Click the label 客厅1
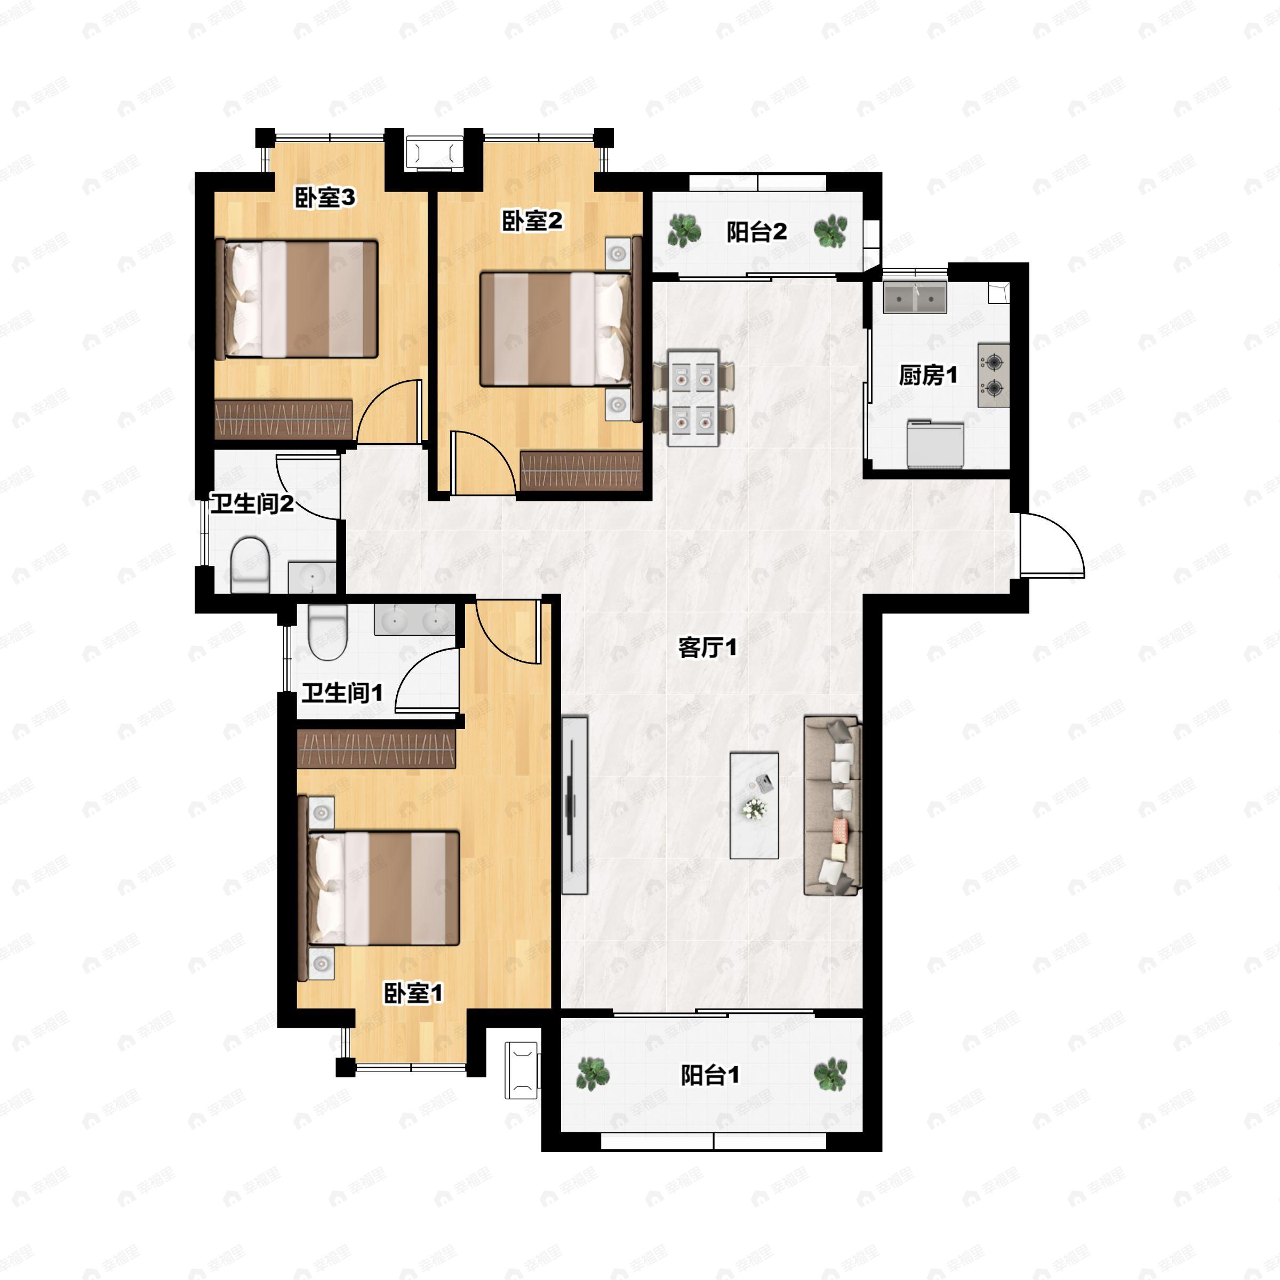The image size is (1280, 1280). [707, 647]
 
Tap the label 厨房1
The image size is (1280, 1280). [927, 375]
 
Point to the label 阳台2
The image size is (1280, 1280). [757, 232]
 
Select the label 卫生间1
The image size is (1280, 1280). [342, 694]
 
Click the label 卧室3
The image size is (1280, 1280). [325, 197]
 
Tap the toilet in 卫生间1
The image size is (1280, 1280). [328, 633]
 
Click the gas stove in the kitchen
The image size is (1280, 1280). [994, 374]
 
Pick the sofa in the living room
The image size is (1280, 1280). [833, 806]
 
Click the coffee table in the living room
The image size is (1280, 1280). [754, 804]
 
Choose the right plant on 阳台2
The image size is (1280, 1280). [830, 231]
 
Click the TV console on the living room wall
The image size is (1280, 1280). [574, 805]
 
